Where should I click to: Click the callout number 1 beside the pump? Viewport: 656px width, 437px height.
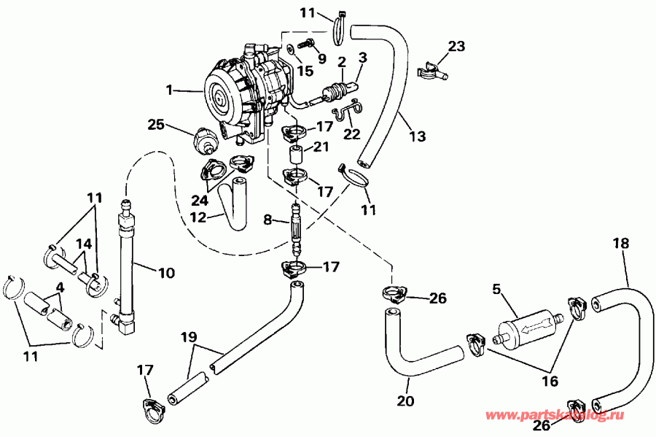click(168, 90)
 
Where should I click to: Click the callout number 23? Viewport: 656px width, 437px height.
click(456, 46)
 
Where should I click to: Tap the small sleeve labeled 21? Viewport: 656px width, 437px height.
click(297, 156)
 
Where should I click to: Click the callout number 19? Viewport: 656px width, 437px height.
click(188, 337)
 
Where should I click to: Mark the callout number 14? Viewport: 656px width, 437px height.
click(85, 244)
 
